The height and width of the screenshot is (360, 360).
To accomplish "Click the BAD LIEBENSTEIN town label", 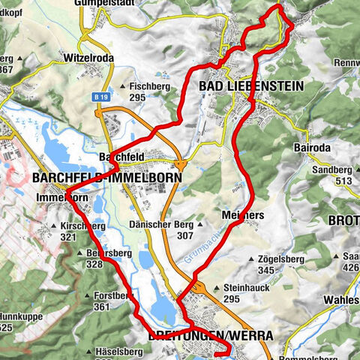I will [251, 87].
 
